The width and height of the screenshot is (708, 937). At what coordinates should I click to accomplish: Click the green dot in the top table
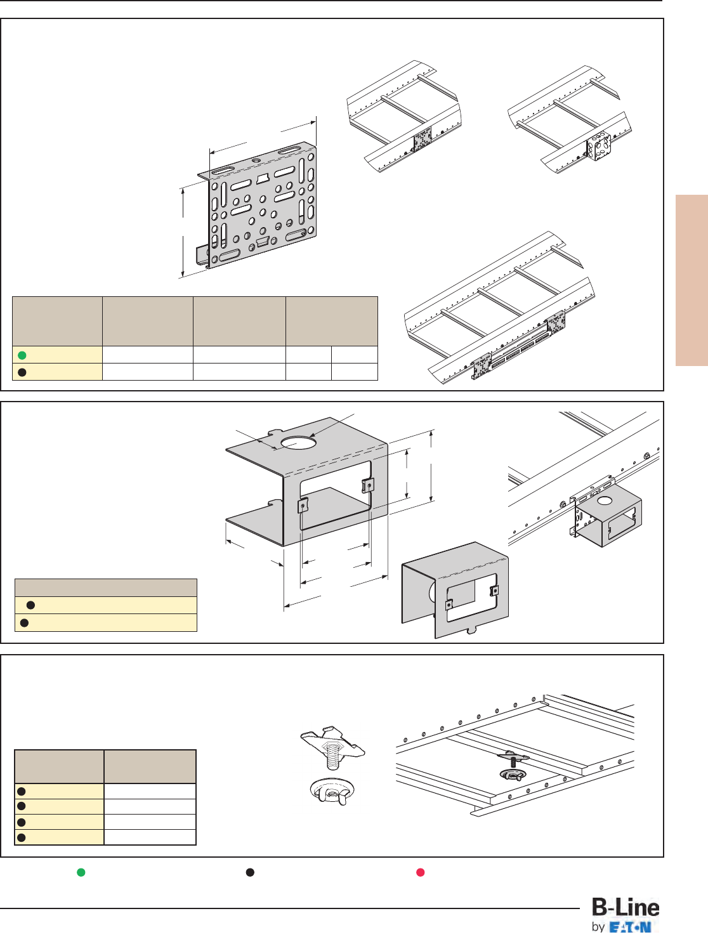22,355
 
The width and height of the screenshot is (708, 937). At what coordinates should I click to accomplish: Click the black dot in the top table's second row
22,372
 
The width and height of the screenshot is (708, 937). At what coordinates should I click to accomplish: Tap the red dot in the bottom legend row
420,872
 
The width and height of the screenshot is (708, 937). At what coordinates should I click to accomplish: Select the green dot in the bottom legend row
81,872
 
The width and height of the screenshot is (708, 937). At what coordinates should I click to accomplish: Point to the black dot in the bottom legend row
251,872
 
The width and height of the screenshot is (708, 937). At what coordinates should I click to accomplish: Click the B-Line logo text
626,907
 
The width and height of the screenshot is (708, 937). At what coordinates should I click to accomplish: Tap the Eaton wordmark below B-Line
630,927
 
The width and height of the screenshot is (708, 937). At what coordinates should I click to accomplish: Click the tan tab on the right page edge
692,280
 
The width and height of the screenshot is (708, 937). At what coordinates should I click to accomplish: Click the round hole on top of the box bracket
298,443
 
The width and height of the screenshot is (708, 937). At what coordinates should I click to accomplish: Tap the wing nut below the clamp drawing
332,791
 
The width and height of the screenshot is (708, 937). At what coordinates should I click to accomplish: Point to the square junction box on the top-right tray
598,147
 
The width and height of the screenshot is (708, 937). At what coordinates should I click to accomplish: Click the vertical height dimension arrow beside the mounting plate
183,232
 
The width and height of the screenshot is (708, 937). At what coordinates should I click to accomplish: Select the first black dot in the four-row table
22,791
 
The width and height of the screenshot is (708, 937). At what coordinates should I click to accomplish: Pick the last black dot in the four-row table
22,837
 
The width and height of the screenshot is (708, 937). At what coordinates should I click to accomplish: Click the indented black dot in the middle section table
30,605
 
